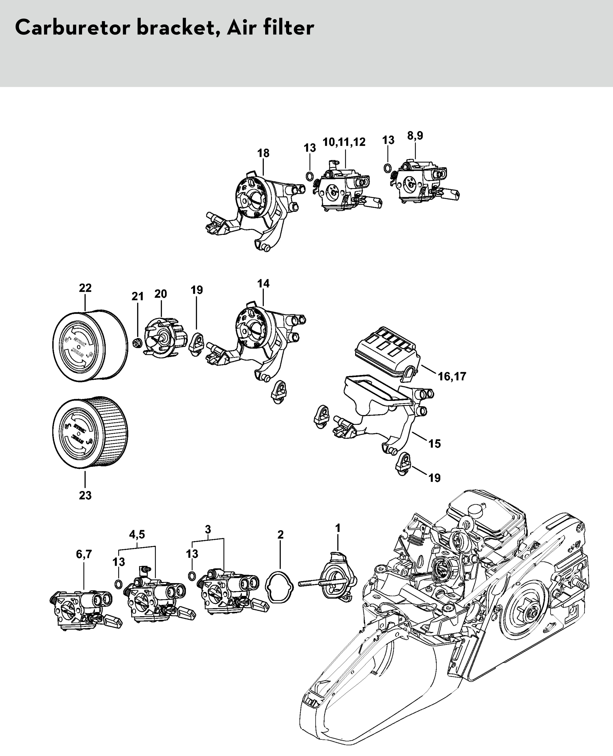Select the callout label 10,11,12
[x=344, y=142]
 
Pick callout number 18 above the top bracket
[x=263, y=153]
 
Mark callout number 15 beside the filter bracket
[x=435, y=444]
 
